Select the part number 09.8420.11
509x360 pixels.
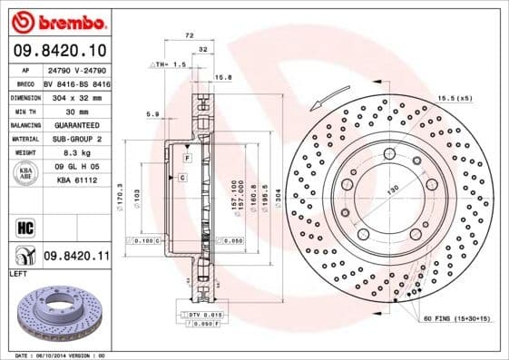pyautogui.click(x=77, y=257)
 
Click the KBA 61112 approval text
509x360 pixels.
pyautogui.click(x=77, y=180)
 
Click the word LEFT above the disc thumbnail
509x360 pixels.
pyautogui.click(x=16, y=273)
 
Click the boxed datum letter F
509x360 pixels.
pyautogui.click(x=186, y=159)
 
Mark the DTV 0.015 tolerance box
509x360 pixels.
pyautogui.click(x=205, y=314)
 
